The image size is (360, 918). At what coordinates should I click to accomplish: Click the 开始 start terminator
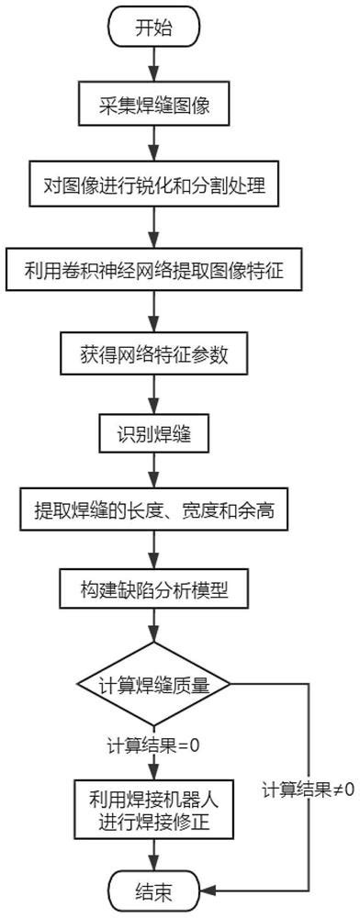(153, 28)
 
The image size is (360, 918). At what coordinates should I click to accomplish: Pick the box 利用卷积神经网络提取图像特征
(153, 271)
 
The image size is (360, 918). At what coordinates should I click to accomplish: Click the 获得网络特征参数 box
(153, 351)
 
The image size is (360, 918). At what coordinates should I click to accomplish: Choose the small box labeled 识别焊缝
(153, 429)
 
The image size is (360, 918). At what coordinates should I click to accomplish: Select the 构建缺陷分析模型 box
(153, 589)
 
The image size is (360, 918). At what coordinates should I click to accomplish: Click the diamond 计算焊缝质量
(153, 684)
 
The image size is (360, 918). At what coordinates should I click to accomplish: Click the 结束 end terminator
(153, 889)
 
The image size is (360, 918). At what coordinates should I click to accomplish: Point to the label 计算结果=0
(153, 744)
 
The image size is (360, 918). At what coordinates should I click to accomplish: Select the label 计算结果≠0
(308, 789)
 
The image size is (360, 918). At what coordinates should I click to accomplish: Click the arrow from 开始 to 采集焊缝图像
(153, 64)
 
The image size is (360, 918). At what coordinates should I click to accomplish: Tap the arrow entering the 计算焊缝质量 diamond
(153, 633)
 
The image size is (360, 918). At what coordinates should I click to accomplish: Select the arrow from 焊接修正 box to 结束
(153, 852)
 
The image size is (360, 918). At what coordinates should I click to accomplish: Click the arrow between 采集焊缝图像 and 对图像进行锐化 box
(153, 145)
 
